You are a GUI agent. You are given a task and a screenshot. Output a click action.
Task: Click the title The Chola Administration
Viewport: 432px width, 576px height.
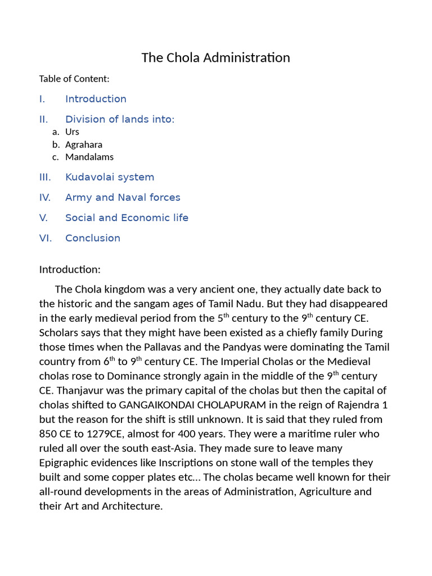(215, 58)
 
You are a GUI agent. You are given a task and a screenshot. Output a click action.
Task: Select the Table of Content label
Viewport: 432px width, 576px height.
(74, 79)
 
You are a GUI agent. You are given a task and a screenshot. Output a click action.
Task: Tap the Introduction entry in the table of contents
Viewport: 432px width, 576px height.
(96, 99)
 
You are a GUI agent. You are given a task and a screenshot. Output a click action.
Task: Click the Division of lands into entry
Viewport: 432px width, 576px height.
(120, 119)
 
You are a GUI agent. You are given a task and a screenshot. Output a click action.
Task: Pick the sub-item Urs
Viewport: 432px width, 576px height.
(72, 132)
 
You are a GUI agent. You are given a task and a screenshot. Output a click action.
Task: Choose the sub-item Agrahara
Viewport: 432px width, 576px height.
(84, 145)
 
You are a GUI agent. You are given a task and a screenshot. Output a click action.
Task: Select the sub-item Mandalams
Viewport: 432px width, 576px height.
(89, 157)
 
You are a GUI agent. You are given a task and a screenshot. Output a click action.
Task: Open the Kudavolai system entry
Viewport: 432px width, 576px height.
(110, 177)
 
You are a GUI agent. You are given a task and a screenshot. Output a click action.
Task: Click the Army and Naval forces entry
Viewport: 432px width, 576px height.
(123, 197)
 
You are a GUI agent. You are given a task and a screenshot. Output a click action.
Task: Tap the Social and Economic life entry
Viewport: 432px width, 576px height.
(127, 218)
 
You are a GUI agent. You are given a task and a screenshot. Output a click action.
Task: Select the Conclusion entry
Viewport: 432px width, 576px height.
(93, 238)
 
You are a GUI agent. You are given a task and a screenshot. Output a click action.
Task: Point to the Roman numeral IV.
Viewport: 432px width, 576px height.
(45, 197)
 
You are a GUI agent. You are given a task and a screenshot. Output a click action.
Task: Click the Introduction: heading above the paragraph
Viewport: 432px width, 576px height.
(70, 269)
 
